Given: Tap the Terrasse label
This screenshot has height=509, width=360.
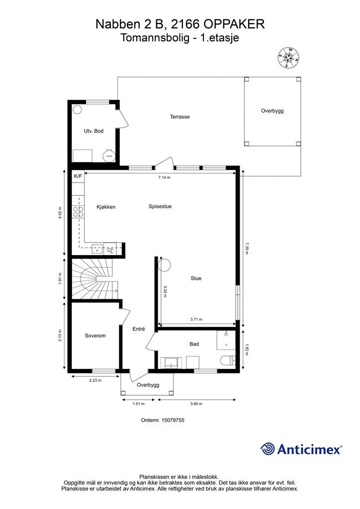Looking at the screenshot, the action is (180, 117).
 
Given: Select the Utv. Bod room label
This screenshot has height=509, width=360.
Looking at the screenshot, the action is (93, 131).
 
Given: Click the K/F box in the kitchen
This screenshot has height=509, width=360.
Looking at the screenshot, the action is (78, 176).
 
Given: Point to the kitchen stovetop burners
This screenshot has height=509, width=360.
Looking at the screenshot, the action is (78, 212).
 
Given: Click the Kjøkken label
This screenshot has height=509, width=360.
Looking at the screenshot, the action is (106, 207).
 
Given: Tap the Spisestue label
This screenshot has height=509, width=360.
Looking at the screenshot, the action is (160, 206).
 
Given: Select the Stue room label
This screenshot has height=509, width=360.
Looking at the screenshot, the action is (196, 278).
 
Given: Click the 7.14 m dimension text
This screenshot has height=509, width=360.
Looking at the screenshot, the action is (164, 177).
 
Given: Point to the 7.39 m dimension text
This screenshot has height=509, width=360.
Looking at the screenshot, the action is (247, 249).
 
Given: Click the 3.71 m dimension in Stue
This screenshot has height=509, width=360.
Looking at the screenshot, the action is (196, 320).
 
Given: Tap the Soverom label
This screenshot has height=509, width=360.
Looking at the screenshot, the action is (95, 336).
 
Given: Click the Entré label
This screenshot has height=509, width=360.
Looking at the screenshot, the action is (139, 329).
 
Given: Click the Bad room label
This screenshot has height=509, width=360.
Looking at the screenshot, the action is (194, 344).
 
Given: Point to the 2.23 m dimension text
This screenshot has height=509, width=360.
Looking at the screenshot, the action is (95, 380).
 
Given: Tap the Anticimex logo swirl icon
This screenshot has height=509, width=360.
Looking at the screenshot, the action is (268, 449).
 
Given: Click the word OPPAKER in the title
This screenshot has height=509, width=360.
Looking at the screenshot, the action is (234, 24).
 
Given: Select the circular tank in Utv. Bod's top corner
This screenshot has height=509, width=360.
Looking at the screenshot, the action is (77, 110).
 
